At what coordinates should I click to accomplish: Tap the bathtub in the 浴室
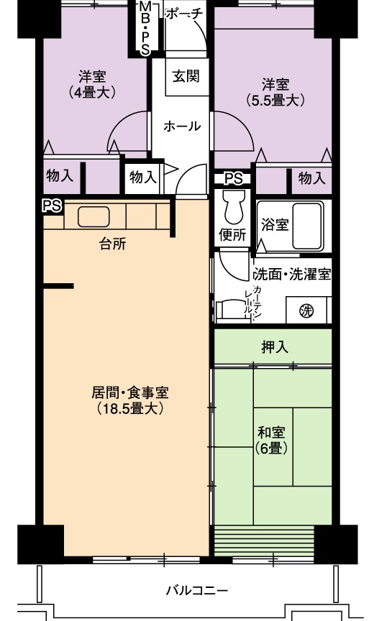pyautogui.click(x=307, y=226)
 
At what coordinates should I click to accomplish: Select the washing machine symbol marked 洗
pyautogui.click(x=306, y=311)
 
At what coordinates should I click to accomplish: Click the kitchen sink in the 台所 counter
pyautogui.click(x=94, y=217)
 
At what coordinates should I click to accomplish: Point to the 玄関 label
pyautogui.click(x=186, y=76)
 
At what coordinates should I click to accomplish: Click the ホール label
pyautogui.click(x=182, y=126)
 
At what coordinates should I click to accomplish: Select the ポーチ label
pyautogui.click(x=184, y=14)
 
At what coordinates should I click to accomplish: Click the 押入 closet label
pyautogui.click(x=274, y=347)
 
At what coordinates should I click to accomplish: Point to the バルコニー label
pyautogui.click(x=197, y=591)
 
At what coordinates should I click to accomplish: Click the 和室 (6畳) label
pyautogui.click(x=271, y=440)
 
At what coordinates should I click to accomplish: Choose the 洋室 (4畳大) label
pyautogui.click(x=92, y=84)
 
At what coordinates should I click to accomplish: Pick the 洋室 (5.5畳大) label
pyautogui.click(x=275, y=92)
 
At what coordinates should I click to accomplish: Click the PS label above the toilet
pyautogui.click(x=234, y=179)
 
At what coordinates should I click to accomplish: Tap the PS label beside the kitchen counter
pyautogui.click(x=53, y=206)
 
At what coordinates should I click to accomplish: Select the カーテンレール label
pyautogui.click(x=252, y=300)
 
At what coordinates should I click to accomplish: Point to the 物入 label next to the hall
pyautogui.click(x=143, y=177)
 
